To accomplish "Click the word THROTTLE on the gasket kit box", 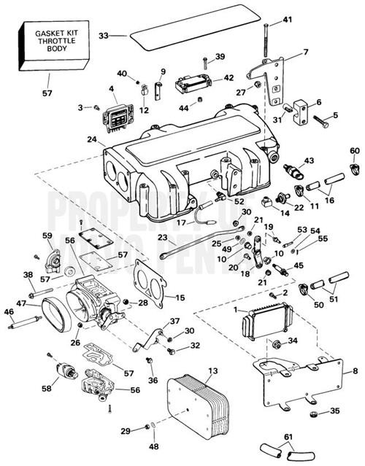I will click(47, 42).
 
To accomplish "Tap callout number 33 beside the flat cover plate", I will click(103, 35).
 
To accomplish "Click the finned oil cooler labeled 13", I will click(195, 404).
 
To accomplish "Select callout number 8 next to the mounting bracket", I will click(355, 372).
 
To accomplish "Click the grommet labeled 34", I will click(277, 343).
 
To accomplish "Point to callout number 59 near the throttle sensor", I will click(47, 235).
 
